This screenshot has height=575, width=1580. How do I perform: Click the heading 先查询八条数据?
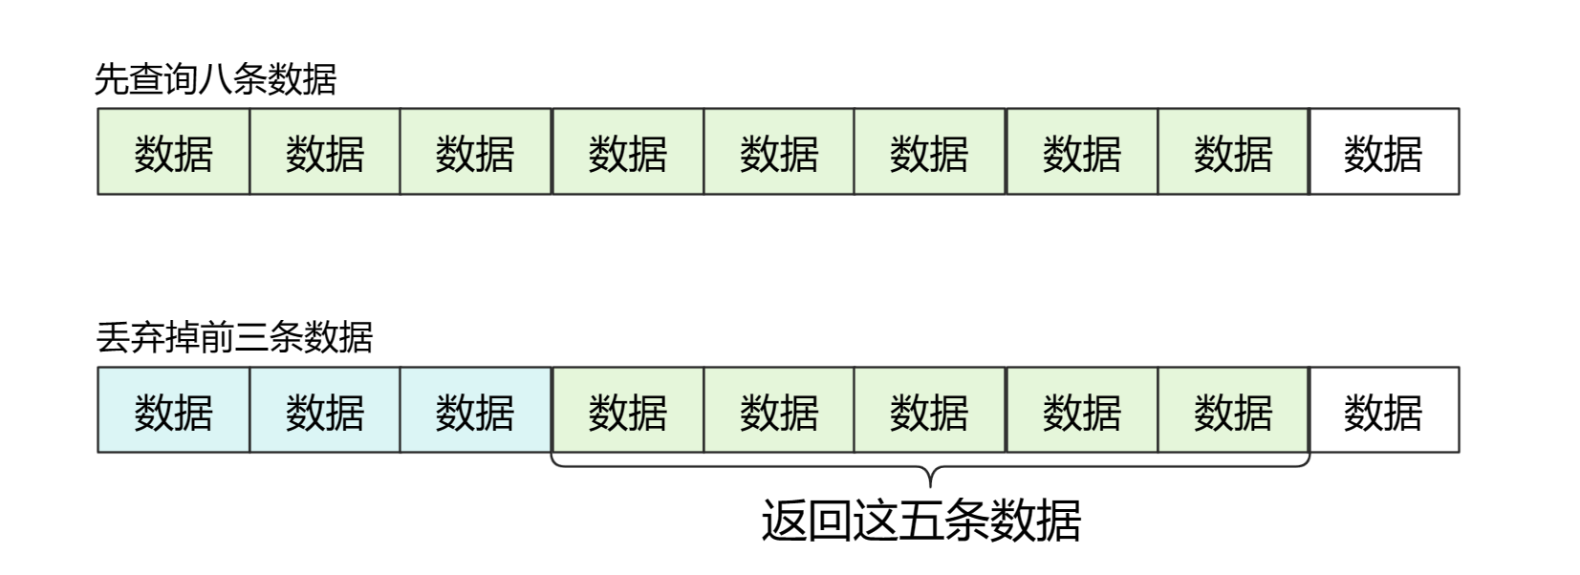[215, 79]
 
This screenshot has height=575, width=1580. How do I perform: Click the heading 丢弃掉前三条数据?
[234, 337]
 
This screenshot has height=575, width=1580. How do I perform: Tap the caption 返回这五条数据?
[920, 521]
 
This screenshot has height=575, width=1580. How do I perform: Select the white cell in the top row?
[1383, 152]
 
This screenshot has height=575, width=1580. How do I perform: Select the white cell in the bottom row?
[1383, 410]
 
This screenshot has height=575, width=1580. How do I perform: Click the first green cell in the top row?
[173, 152]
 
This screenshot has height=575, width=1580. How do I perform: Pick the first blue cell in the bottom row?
[173, 410]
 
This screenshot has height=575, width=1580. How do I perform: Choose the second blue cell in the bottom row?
[324, 410]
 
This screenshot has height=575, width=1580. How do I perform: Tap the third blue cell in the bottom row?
[475, 410]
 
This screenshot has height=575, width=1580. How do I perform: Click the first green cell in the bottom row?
[627, 410]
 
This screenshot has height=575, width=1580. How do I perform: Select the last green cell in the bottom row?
[1233, 410]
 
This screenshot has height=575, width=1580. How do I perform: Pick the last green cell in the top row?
[1233, 152]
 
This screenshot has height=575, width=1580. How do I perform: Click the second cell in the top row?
[324, 152]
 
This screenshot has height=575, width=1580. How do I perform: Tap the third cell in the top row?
[475, 152]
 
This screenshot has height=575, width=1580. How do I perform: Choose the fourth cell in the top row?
[627, 152]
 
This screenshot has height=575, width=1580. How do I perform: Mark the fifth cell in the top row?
[778, 152]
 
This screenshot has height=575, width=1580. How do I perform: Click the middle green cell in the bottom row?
[929, 410]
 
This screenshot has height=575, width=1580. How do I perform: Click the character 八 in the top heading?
[215, 79]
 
